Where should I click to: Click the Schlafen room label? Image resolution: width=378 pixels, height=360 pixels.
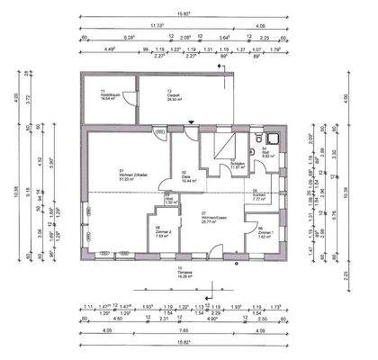(238, 165)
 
